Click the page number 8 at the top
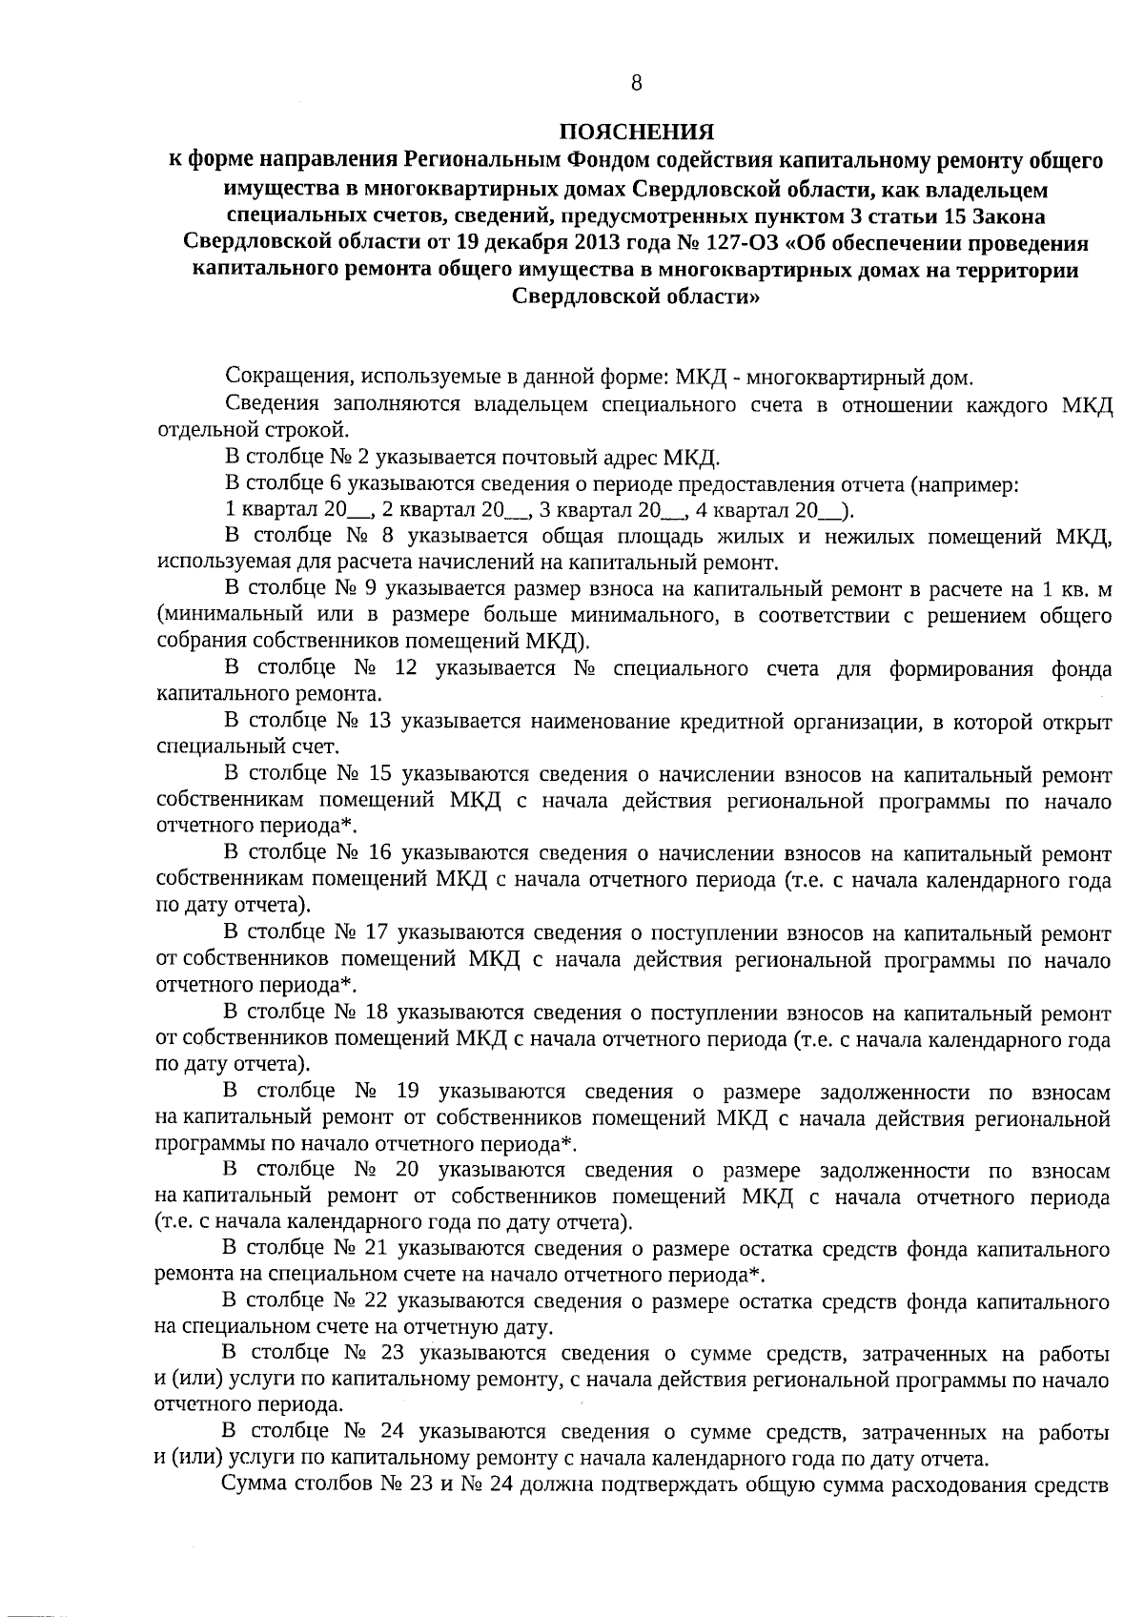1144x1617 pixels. [636, 83]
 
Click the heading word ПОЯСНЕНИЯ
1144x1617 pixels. [636, 132]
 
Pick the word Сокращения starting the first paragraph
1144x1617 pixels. [277, 376]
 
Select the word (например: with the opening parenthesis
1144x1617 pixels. [966, 483]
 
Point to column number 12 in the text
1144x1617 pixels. [406, 668]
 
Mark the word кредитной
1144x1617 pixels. [722, 722]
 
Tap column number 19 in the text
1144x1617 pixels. [406, 1092]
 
